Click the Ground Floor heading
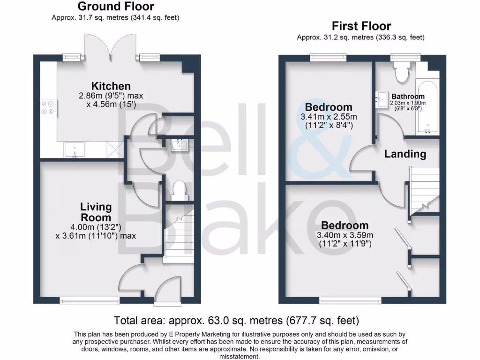click(115, 7)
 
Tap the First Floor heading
click(361, 26)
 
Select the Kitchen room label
click(111, 86)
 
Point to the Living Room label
click(96, 212)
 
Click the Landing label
click(405, 154)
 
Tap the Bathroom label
click(408, 97)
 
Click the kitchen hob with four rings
click(47, 107)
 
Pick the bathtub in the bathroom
click(427, 107)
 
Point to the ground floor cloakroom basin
click(180, 145)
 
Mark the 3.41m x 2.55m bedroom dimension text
click(329, 117)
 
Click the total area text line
click(237, 321)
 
